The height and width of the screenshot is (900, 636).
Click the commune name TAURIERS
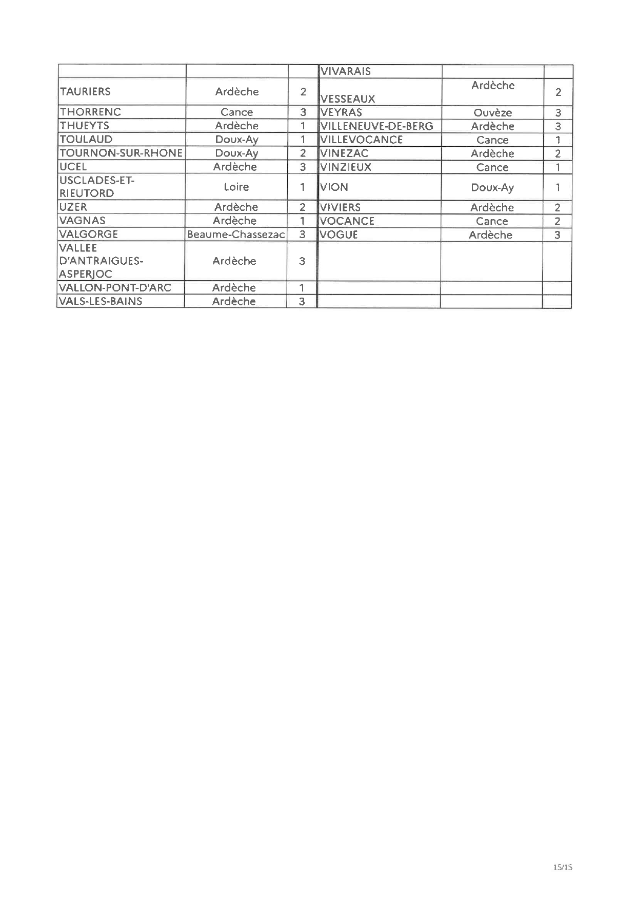[85, 92]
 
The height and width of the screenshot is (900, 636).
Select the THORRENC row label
[90, 112]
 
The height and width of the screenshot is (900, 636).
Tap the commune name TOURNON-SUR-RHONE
[121, 153]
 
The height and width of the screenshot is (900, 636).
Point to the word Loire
[236, 187]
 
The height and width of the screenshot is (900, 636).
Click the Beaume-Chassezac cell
[236, 234]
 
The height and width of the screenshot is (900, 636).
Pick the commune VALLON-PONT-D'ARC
[115, 287]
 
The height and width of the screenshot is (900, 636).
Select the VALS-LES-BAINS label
[101, 301]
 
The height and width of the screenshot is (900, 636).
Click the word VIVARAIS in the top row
[345, 71]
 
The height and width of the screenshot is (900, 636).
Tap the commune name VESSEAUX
[348, 99]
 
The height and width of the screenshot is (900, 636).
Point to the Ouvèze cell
[492, 113]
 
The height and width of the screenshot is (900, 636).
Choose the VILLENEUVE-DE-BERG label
[376, 126]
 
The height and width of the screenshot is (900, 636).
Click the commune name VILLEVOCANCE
[362, 140]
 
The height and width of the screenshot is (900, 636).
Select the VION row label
[334, 187]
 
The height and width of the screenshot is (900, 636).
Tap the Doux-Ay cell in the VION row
[492, 188]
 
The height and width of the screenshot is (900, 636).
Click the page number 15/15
[563, 868]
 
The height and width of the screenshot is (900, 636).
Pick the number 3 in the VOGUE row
[558, 235]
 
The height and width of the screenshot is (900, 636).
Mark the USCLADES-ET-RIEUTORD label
[96, 187]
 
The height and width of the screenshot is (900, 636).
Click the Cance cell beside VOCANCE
[491, 221]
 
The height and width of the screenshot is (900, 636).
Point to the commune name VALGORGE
[89, 234]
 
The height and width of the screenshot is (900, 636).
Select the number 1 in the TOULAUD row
[303, 140]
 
